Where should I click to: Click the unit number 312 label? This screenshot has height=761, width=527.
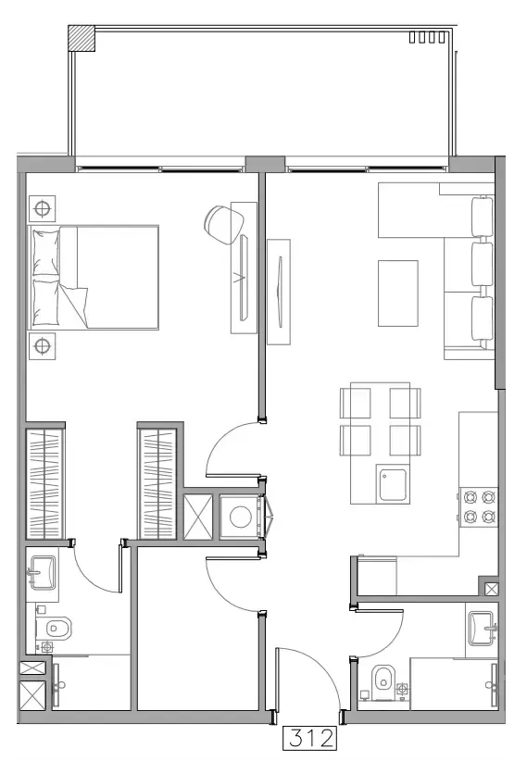tap(308, 740)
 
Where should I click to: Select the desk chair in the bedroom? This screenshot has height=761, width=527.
tap(220, 222)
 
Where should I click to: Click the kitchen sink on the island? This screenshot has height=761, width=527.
tap(394, 484)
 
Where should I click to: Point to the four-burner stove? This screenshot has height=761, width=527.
tap(478, 505)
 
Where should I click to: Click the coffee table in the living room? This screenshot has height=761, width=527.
tap(398, 292)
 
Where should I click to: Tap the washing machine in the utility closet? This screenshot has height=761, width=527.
tap(241, 516)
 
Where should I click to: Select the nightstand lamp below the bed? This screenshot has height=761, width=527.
tap(42, 347)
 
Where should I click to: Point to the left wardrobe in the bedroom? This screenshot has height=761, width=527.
tap(44, 481)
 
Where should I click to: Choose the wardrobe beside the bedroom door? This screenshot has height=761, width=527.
tap(158, 481)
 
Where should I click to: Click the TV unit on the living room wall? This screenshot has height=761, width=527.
tap(278, 292)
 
